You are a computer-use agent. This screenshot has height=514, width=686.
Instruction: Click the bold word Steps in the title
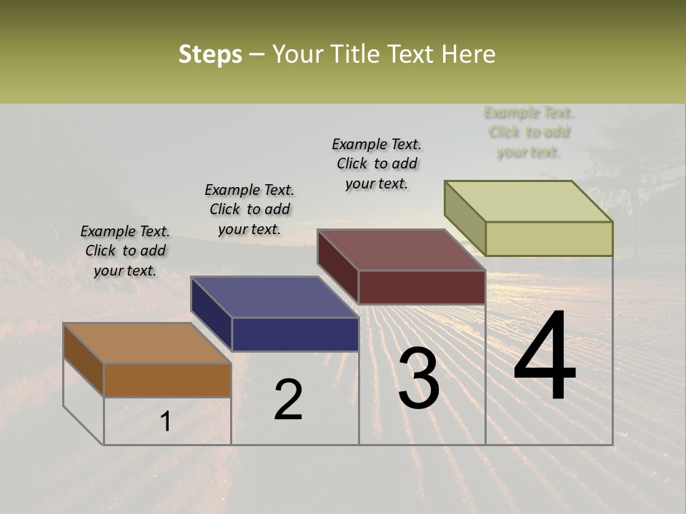click(x=209, y=55)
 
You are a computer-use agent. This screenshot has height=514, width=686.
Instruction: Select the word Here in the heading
click(x=469, y=55)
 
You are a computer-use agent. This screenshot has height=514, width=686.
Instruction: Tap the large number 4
click(x=545, y=357)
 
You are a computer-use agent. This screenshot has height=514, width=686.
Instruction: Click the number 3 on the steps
click(x=419, y=378)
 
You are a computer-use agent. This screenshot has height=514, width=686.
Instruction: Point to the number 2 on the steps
click(x=288, y=400)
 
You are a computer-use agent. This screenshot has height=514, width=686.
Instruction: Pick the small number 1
click(x=165, y=422)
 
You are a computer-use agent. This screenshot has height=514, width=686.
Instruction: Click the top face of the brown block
click(x=147, y=343)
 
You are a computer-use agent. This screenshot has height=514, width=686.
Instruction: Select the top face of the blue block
click(x=274, y=297)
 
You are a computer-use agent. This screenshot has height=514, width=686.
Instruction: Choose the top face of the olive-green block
click(x=529, y=201)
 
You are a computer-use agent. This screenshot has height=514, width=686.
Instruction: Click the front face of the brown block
click(x=167, y=380)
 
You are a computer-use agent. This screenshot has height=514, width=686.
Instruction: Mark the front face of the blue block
click(x=295, y=334)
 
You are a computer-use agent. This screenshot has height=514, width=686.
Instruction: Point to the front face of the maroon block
click(x=422, y=287)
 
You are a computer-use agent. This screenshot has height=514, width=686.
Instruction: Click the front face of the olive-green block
click(x=549, y=238)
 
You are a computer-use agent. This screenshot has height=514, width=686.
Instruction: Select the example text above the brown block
click(x=125, y=251)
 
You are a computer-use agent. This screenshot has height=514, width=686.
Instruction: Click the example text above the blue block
click(x=249, y=209)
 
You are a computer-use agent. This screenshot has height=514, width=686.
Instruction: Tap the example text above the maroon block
click(x=377, y=163)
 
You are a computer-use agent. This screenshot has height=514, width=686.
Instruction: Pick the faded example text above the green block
click(x=529, y=132)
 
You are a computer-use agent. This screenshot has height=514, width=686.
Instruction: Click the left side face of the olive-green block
click(x=464, y=218)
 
